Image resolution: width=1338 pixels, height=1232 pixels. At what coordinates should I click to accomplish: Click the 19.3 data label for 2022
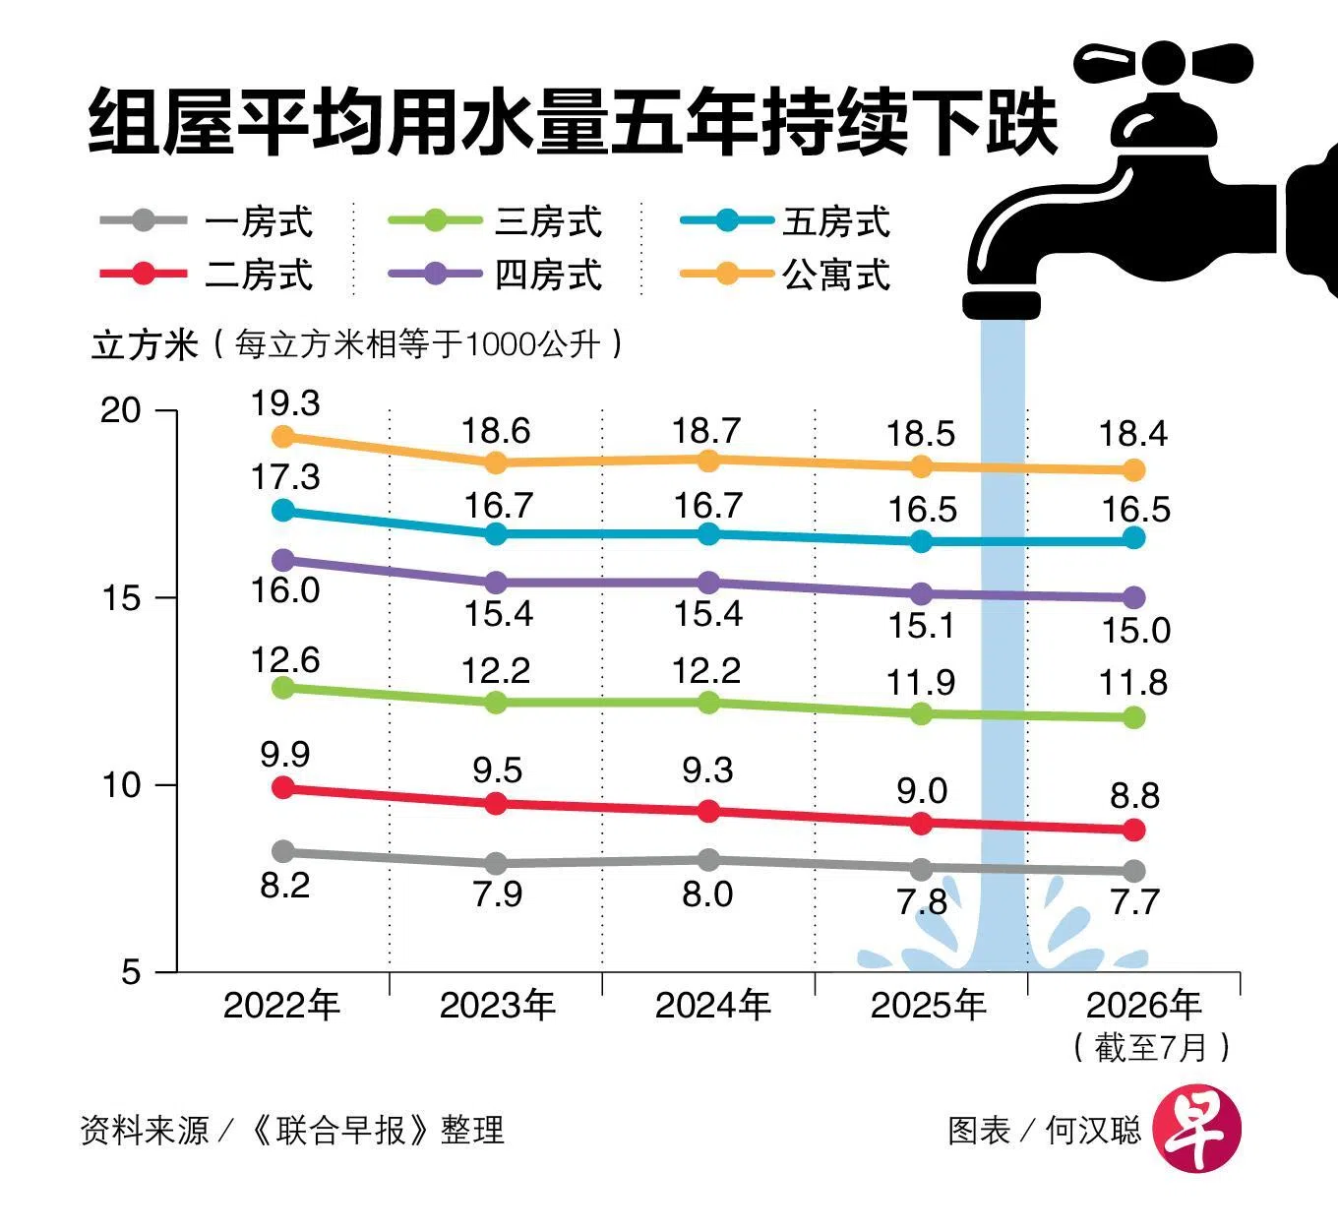tap(285, 403)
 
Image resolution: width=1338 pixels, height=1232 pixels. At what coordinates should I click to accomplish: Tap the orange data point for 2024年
tap(707, 460)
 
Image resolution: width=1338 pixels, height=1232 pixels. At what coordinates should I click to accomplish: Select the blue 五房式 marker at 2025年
tap(921, 540)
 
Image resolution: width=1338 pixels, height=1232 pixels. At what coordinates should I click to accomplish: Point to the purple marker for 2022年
tap(283, 560)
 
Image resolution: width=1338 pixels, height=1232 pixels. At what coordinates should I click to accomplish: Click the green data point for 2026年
tap(1134, 717)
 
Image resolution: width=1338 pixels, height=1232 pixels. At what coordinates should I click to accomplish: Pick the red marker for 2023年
tap(496, 803)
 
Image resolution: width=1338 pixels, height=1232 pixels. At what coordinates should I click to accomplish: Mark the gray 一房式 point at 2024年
tap(707, 860)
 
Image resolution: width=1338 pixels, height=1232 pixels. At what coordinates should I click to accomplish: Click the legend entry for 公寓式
tap(785, 275)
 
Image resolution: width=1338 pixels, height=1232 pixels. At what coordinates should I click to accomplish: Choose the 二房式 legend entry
tap(206, 275)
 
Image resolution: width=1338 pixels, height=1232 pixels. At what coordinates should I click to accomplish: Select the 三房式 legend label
tap(548, 221)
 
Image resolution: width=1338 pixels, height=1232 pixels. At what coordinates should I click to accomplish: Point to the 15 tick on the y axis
tap(121, 597)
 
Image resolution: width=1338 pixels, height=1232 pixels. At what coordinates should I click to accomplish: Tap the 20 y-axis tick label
tap(121, 409)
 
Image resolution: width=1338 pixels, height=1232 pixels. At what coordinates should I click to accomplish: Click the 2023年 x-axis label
tap(498, 1005)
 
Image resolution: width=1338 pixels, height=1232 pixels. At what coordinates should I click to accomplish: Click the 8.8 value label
tap(1134, 795)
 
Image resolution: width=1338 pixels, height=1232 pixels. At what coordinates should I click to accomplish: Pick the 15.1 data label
tap(921, 625)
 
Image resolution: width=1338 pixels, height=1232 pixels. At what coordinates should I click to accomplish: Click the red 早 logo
tap(1197, 1128)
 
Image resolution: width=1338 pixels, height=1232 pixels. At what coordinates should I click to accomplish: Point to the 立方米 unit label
tap(145, 345)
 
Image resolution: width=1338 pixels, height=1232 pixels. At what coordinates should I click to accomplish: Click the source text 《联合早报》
tap(340, 1130)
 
